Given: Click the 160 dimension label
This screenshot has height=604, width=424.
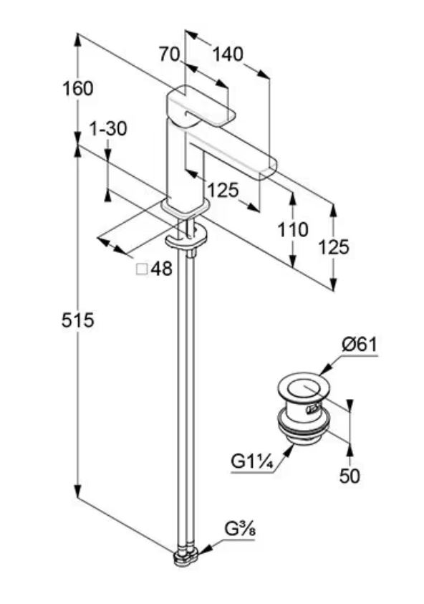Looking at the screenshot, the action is click(78, 89).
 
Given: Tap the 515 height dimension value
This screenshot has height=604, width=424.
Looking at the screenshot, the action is click(78, 320).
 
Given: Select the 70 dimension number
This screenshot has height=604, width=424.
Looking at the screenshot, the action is click(170, 54).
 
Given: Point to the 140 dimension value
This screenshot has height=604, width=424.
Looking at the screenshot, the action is click(228, 54).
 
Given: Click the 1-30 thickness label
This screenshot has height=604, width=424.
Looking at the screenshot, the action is click(108, 128).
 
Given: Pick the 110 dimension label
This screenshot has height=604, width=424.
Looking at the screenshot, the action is click(293, 230).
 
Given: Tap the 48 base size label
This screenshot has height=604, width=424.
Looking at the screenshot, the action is click(161, 269).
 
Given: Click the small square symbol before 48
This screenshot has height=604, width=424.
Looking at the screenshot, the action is click(142, 269).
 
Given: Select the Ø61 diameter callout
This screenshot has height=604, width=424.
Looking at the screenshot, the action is click(359, 345).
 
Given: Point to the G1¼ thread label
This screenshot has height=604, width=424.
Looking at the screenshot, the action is click(252, 461).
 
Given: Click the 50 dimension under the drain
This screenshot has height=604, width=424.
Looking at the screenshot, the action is click(350, 476).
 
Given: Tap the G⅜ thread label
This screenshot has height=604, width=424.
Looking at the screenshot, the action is click(240, 530).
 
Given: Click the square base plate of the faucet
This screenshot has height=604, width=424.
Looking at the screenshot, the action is click(185, 208).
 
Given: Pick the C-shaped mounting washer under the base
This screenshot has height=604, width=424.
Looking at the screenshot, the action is click(186, 239).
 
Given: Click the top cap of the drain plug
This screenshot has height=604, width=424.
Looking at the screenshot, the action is click(304, 387).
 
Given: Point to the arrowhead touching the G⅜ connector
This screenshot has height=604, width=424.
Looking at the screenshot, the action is click(204, 550).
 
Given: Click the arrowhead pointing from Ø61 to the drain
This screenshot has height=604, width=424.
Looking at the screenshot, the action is click(325, 370).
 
